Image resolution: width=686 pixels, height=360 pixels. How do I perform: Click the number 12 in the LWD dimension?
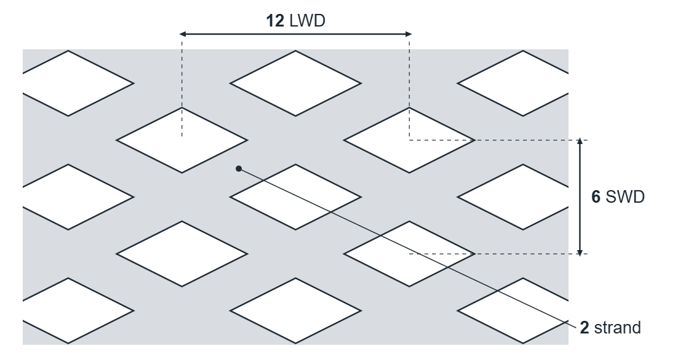click(x=275, y=21)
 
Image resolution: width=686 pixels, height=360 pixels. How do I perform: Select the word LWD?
click(x=308, y=21)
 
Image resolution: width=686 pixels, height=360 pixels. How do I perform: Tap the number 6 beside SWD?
click(x=596, y=197)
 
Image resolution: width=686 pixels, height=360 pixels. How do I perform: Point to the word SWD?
click(x=625, y=197)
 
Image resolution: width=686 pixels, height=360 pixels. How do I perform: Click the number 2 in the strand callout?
click(x=584, y=327)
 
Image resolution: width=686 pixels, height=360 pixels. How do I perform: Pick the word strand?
click(x=617, y=327)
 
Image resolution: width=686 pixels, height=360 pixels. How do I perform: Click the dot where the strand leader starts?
click(x=238, y=169)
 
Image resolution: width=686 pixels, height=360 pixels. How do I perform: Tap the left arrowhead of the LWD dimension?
click(x=184, y=33)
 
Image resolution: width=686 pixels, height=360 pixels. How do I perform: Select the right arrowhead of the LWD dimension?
click(x=407, y=33)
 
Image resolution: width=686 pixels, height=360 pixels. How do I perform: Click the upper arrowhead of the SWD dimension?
click(x=580, y=141)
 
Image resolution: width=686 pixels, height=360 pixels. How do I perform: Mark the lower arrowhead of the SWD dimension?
click(x=580, y=251)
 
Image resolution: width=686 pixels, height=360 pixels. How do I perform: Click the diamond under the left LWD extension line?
click(x=182, y=140)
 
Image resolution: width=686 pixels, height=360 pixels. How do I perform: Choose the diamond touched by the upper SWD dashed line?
click(x=409, y=140)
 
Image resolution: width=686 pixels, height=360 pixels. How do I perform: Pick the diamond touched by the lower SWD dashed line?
click(x=409, y=254)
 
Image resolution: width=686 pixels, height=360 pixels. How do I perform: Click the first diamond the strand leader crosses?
click(x=296, y=197)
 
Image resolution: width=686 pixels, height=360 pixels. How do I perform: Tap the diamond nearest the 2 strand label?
click(x=523, y=311)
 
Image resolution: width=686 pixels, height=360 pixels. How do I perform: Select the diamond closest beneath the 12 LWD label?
click(x=296, y=83)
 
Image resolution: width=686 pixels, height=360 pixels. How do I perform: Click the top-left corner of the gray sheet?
click(x=23, y=49)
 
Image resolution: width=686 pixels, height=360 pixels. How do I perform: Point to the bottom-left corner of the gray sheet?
click(x=23, y=345)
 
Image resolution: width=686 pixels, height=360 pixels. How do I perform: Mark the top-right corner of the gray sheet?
click(x=569, y=49)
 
